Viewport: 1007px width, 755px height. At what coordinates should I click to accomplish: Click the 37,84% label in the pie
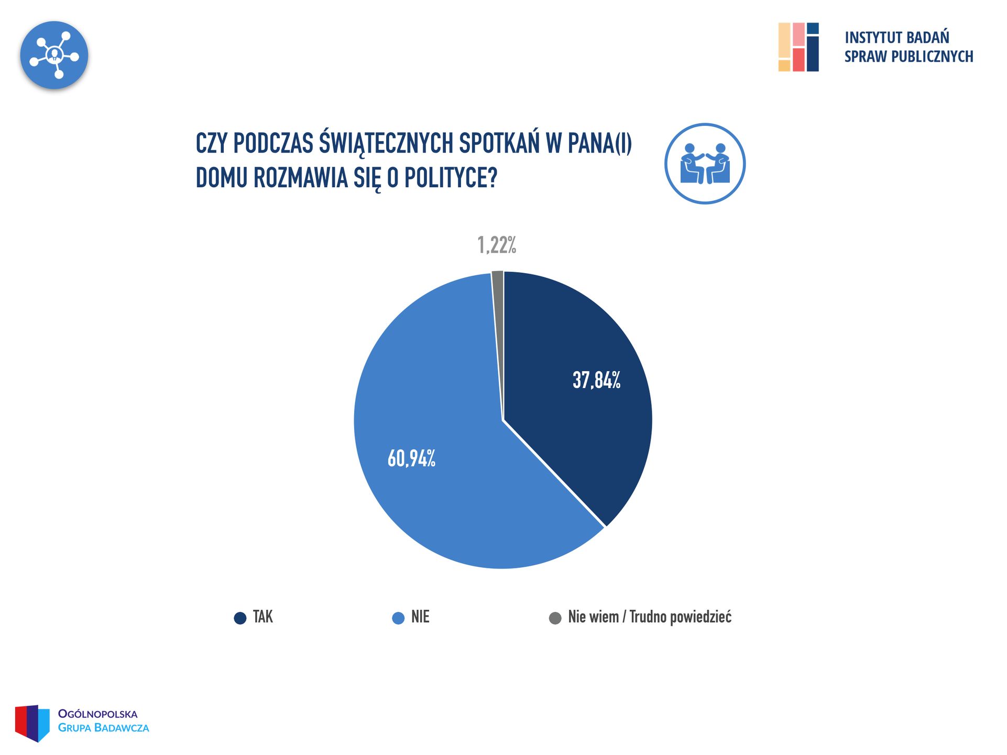596,380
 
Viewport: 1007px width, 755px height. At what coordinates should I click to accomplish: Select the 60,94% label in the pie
411,458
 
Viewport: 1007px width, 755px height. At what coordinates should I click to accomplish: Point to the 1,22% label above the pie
497,245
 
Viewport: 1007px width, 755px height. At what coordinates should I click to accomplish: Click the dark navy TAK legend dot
240,618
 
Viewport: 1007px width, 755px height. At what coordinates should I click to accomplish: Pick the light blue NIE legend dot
398,618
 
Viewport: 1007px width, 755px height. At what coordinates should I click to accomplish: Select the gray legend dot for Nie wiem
555,618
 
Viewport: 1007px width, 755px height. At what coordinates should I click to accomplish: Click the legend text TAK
262,617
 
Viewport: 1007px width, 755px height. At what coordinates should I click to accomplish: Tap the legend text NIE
420,617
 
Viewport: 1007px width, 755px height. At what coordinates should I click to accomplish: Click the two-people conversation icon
705,164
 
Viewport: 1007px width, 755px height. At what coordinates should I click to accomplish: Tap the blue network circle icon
54,55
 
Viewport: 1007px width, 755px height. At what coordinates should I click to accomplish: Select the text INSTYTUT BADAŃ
896,38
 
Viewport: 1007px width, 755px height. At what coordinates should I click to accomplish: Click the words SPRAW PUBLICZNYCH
909,57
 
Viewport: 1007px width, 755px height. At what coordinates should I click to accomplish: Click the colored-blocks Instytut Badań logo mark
798,47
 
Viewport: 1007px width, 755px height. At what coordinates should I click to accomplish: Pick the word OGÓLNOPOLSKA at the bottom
97,714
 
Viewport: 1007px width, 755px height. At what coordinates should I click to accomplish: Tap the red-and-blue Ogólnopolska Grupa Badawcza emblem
32,722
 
